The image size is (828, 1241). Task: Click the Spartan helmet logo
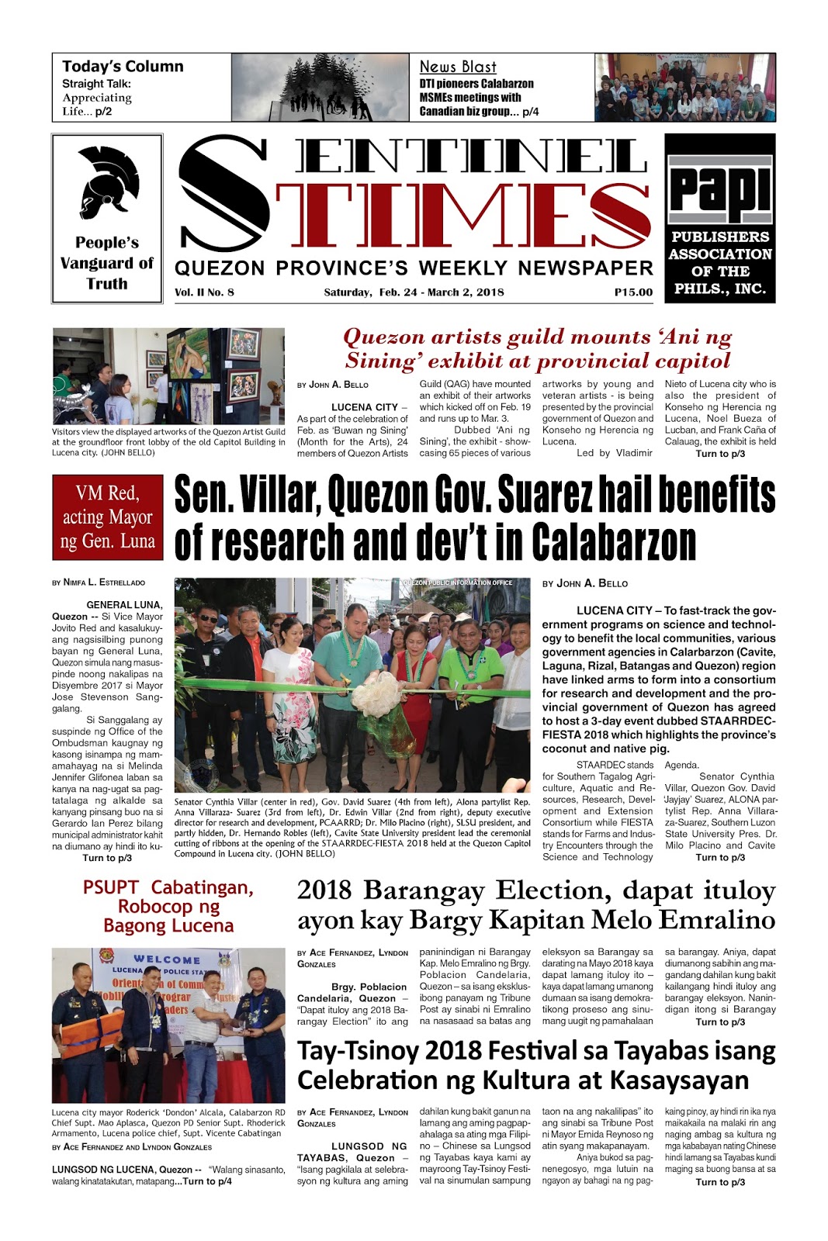point(107,182)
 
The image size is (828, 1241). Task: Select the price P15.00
point(633,292)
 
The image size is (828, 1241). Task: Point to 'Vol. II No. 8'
point(204,292)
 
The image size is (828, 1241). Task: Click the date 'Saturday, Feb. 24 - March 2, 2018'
point(414,292)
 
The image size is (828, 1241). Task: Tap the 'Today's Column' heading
point(123,67)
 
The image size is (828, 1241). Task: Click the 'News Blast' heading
point(458,67)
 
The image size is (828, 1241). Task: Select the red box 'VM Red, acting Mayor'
point(107,517)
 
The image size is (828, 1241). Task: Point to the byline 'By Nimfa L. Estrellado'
point(99,582)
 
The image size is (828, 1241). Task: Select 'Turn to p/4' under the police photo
point(203,1181)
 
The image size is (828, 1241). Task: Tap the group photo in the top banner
point(684,87)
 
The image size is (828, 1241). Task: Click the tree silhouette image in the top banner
point(320,87)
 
